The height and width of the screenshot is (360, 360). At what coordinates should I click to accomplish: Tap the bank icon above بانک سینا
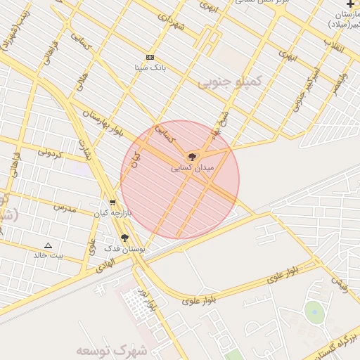[x=150, y=57]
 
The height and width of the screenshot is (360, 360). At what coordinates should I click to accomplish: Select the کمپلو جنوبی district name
[x=229, y=82]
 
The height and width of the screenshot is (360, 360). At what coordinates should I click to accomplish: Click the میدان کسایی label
[x=189, y=169]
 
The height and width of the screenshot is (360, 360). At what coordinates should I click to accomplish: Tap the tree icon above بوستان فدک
[x=125, y=238]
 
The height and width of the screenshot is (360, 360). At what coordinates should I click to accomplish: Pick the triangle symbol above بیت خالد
[x=48, y=245]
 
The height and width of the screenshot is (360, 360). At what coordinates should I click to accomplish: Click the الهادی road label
[x=103, y=263]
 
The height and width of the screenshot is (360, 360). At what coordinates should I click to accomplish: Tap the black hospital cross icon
[x=350, y=4]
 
